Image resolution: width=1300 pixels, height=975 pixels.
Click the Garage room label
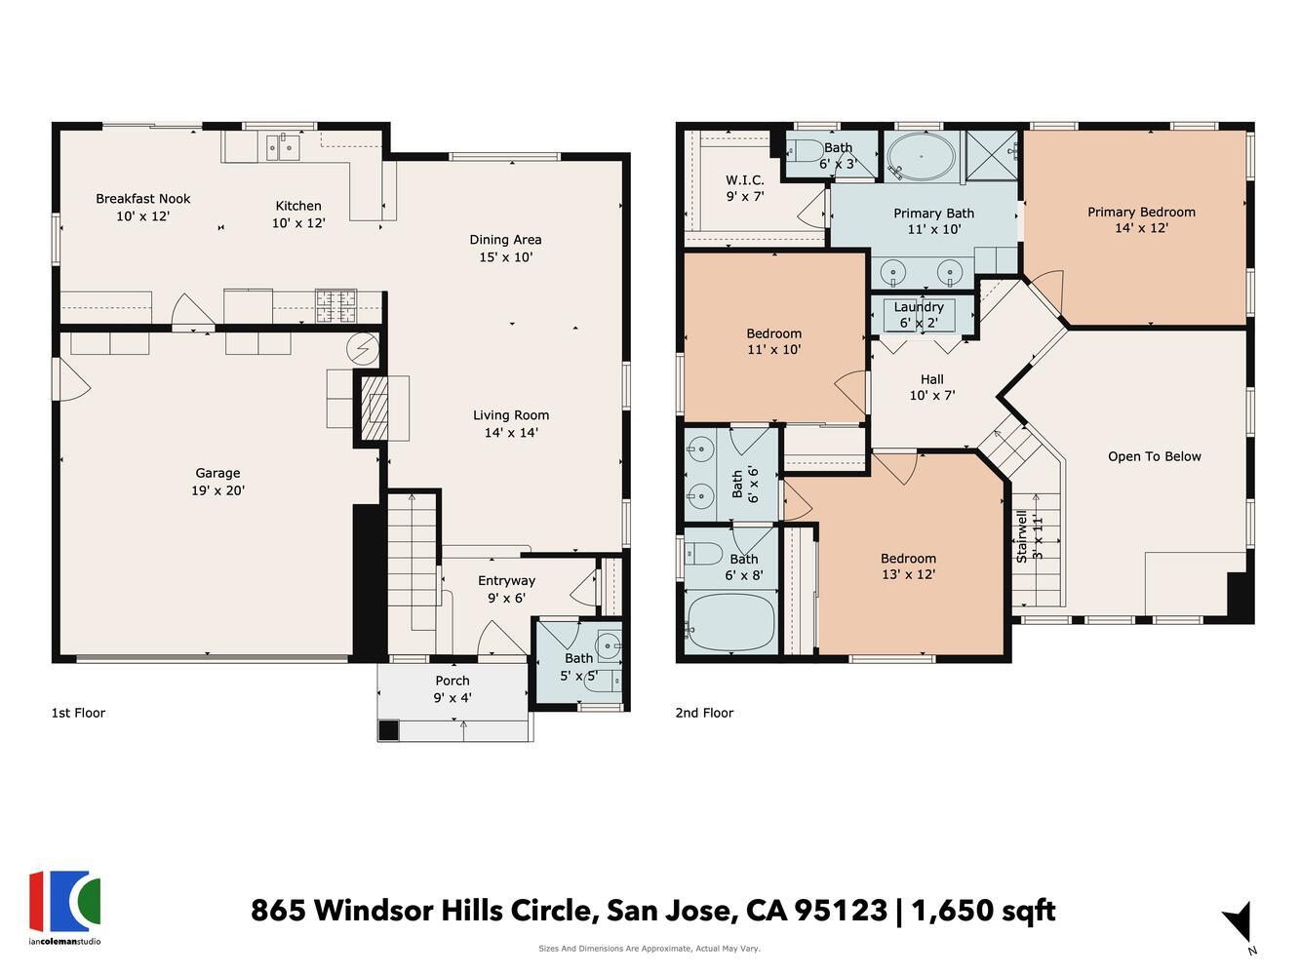217,473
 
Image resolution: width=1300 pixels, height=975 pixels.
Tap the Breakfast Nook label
142,199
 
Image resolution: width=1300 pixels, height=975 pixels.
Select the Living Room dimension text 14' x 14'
511,433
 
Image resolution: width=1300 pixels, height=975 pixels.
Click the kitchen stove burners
335,306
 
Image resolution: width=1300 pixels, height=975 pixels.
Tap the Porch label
452,681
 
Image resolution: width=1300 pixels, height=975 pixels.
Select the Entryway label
506,580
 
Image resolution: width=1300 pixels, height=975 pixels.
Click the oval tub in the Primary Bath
921,157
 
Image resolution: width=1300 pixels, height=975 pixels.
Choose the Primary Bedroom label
1141,212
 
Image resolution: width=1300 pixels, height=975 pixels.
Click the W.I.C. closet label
744,180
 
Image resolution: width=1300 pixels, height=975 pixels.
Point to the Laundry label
918,307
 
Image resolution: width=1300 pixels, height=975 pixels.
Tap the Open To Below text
1154,456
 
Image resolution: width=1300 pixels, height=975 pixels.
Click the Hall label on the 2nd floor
931,379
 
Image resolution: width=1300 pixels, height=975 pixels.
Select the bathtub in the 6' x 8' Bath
730,624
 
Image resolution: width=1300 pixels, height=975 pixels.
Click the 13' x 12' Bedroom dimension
908,574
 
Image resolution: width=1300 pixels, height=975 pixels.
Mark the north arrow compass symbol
1239,922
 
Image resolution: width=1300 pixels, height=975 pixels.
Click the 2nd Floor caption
704,713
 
